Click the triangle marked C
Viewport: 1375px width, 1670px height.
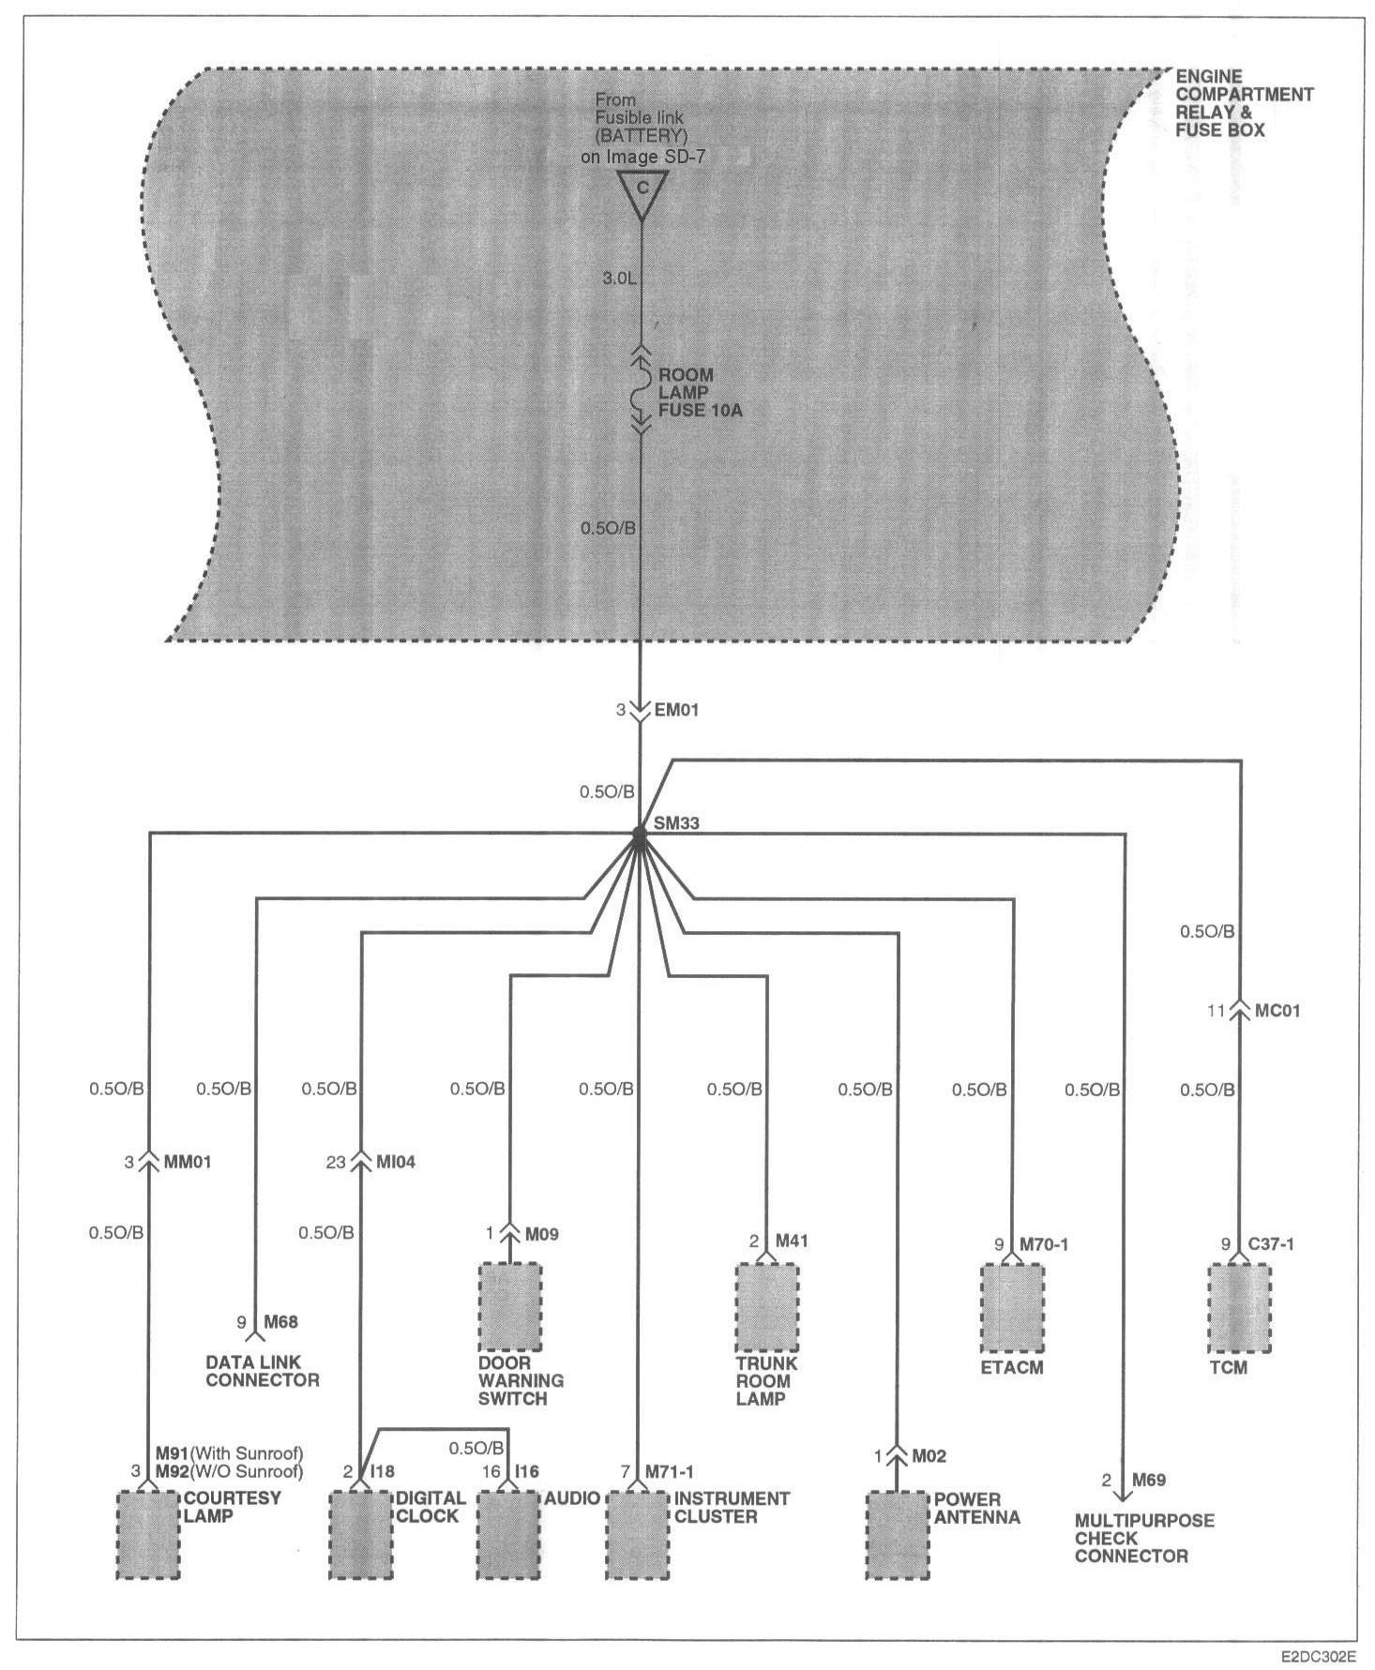point(642,192)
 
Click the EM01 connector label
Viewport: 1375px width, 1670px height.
point(675,711)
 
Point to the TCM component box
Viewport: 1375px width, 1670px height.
point(1239,1307)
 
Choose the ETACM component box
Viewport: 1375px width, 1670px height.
point(1012,1307)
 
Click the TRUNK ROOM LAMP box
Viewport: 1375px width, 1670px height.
point(766,1307)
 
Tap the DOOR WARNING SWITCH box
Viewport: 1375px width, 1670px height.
point(509,1307)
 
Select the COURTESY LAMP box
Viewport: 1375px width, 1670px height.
point(147,1535)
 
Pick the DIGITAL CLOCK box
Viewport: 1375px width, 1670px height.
point(360,1535)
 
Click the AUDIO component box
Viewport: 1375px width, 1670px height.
point(509,1535)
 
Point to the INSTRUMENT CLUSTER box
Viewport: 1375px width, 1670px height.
point(638,1535)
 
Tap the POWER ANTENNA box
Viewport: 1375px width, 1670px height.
point(898,1535)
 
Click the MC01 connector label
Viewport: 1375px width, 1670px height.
point(1277,1012)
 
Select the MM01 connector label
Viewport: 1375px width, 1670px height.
point(189,1162)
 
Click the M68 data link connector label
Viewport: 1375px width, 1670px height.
point(280,1322)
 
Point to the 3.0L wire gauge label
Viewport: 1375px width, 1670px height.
point(619,278)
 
